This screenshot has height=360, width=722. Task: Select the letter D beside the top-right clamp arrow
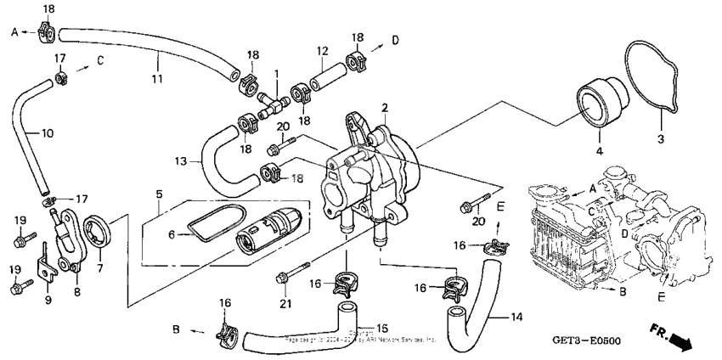pyautogui.click(x=393, y=39)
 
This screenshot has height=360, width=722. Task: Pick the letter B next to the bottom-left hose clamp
pyautogui.click(x=175, y=327)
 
